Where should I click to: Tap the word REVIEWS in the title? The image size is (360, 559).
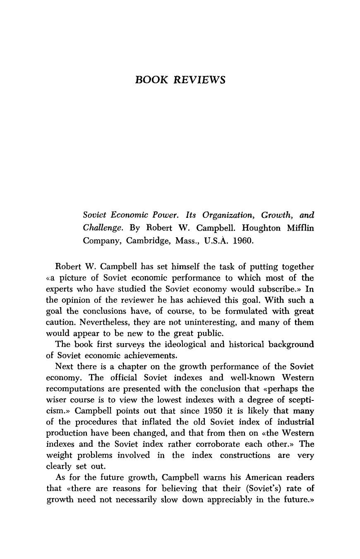199,80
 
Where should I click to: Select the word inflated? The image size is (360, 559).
142,422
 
